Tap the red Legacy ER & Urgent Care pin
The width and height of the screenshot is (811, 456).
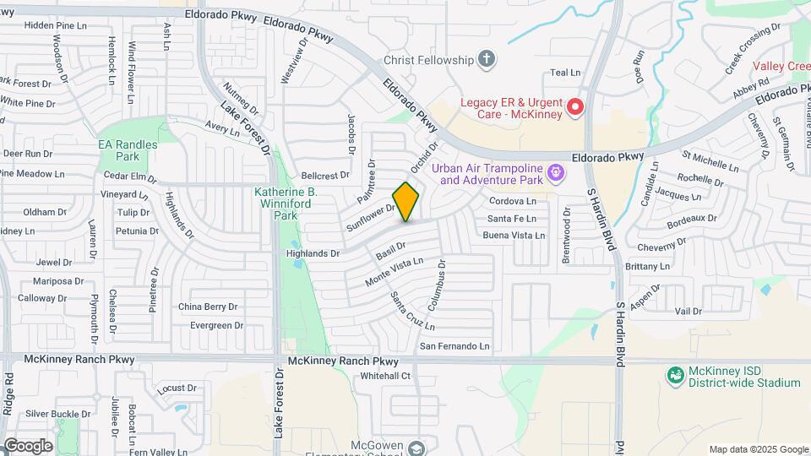point(575,107)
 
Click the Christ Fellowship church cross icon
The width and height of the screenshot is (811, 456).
point(486,59)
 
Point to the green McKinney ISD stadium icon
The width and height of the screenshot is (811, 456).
point(675,374)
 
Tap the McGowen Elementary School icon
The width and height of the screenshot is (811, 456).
point(416,448)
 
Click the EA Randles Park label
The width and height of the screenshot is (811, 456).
point(128,150)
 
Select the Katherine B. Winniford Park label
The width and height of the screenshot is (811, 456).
point(286,203)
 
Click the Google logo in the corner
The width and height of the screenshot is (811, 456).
point(27,445)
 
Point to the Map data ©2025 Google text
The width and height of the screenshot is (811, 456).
point(758,449)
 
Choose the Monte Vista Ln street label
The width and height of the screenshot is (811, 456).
point(394,271)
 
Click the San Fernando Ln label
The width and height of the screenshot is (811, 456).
point(455,346)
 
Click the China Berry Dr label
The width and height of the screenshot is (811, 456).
point(208,307)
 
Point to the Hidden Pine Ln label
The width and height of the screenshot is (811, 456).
point(56,25)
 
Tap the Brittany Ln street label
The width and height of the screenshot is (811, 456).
point(647,266)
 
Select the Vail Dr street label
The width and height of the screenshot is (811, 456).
point(689,312)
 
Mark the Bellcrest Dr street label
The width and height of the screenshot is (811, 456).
point(325,176)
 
